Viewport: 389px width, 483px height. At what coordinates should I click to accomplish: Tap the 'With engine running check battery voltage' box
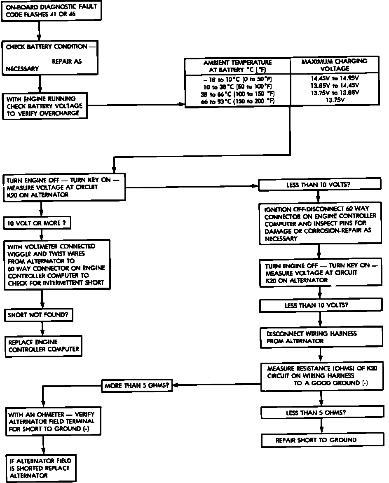(45, 106)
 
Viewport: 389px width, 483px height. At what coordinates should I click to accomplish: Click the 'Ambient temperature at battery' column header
(237, 66)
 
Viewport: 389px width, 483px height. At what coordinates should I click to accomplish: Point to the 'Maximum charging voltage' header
(334, 65)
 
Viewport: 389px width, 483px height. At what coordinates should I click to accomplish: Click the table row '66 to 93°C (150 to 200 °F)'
(237, 101)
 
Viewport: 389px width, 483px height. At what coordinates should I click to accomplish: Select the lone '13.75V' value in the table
(334, 100)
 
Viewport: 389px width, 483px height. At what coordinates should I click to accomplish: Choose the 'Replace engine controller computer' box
(43, 346)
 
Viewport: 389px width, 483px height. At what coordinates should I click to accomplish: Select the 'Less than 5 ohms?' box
(316, 413)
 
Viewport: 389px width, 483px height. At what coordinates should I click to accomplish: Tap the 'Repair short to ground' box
(316, 440)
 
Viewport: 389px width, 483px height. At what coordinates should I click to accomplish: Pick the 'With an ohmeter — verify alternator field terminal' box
(53, 422)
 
